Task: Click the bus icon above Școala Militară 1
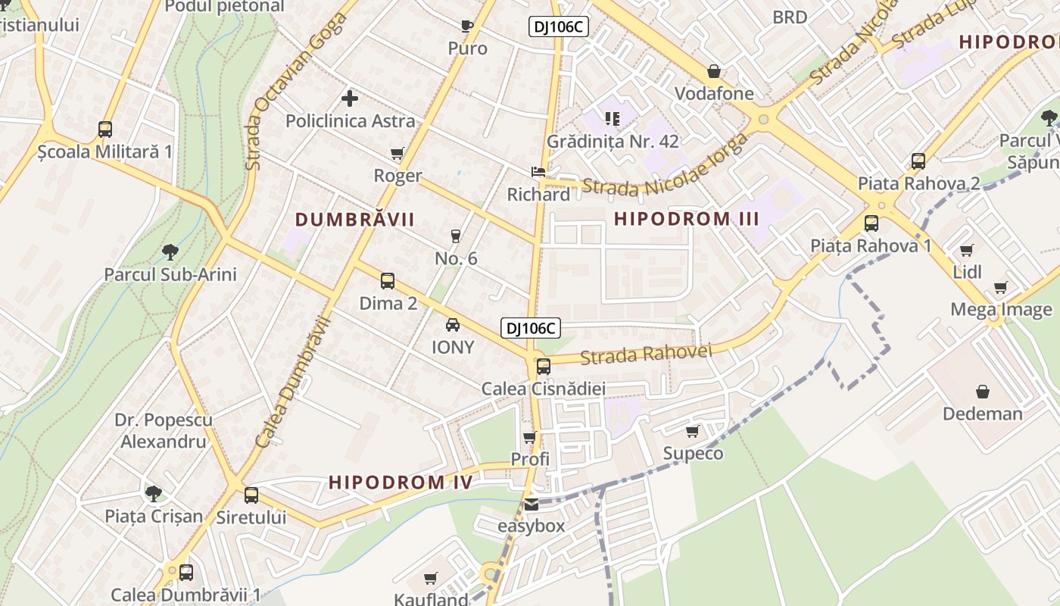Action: coord(105,130)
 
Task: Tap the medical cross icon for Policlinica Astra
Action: coord(350,98)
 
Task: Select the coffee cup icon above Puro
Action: coord(467,27)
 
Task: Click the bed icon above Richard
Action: coord(538,172)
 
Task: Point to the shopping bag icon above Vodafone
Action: coord(713,72)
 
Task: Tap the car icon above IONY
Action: coord(453,325)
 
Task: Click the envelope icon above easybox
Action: coord(532,504)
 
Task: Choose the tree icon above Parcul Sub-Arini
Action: coord(170,251)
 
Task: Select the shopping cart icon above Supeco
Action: coord(692,432)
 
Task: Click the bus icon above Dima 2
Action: coord(388,281)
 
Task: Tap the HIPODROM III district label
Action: coord(686,219)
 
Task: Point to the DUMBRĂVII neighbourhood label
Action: coord(354,220)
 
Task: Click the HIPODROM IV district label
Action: coord(401,483)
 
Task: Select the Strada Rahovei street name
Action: coord(647,354)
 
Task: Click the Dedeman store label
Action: coord(982,414)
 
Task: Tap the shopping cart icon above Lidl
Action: coord(966,250)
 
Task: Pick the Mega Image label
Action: coord(1001,310)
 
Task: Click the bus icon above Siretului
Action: coord(251,495)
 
